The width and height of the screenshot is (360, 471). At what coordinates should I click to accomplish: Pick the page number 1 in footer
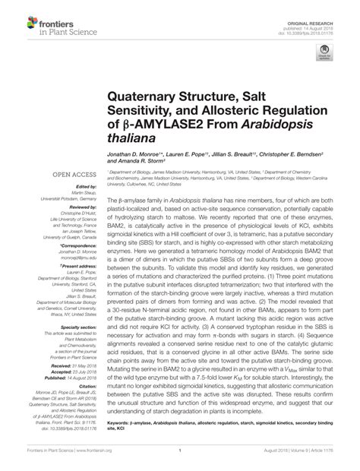(x=179, y=460)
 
